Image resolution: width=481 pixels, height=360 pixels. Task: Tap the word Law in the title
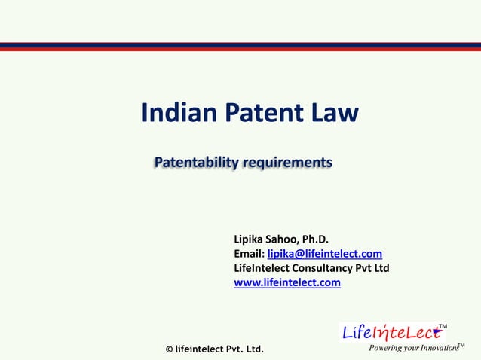(334, 113)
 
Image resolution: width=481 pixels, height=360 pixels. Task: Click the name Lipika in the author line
(251, 239)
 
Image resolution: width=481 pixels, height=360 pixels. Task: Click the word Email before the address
(249, 254)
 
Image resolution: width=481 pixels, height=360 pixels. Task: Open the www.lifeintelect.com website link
(287, 283)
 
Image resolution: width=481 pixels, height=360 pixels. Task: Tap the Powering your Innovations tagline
(412, 348)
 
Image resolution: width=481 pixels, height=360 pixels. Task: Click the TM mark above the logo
(443, 326)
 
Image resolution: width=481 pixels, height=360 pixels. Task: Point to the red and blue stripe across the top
(240, 47)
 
